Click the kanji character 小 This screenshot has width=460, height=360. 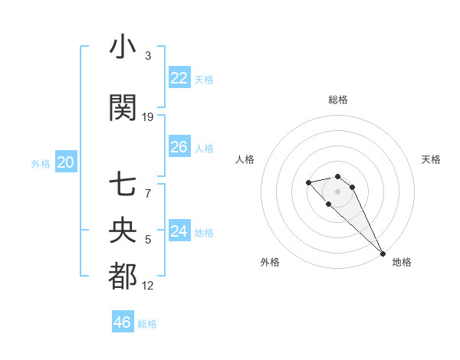pos(123,47)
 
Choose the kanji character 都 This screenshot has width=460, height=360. pos(123,276)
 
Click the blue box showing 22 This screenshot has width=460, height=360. pos(179,77)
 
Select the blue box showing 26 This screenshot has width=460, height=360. pos(179,146)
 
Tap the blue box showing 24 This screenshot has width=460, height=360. pos(179,231)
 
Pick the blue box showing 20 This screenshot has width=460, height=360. pos(65,162)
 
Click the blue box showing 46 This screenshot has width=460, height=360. pos(122,322)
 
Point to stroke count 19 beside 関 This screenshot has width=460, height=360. pos(148,116)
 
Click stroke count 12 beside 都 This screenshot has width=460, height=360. pos(148,286)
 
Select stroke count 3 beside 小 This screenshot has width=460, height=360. pos(148,56)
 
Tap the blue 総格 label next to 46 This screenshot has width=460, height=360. pos(147,324)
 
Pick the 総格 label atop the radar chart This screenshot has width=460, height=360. pos(337,100)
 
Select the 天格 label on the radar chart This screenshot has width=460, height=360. pos(432,159)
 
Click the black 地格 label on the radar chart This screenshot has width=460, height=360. pos(402,262)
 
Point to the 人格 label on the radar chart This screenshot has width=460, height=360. pos(245,159)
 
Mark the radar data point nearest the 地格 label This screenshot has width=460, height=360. pos(383,254)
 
